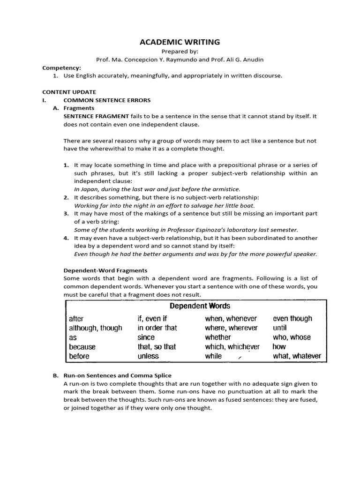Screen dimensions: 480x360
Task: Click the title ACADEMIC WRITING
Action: point(180,42)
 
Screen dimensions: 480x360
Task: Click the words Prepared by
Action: point(180,52)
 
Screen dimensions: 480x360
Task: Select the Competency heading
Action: point(61,67)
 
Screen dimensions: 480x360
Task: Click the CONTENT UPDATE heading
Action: point(69,92)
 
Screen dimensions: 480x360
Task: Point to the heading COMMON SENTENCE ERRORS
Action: point(107,100)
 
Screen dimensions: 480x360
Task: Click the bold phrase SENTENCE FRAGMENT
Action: point(96,116)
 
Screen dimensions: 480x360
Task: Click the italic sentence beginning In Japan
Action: point(157,189)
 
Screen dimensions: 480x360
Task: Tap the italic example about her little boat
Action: point(165,205)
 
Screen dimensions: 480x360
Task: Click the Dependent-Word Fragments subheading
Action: point(105,270)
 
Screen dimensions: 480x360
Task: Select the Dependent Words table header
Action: point(200,306)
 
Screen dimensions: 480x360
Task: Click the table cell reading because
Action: point(82,347)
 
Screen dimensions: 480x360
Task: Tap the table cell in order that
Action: point(157,328)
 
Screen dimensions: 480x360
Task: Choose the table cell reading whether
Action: point(218,337)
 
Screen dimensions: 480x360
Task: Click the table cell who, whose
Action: point(292,337)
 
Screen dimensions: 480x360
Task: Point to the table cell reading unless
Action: point(148,356)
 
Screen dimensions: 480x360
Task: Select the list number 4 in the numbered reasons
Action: point(66,238)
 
